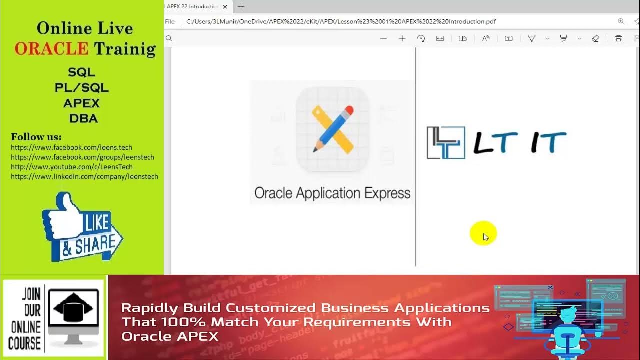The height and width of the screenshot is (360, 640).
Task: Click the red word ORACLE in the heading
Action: coord(51,48)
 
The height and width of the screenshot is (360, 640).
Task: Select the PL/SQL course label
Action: coord(81,88)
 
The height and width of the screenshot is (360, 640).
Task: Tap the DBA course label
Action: coord(83,119)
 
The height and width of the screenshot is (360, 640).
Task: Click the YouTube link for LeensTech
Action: coord(72,167)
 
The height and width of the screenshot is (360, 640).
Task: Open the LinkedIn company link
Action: coord(84,176)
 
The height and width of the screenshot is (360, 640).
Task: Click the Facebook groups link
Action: coord(82,157)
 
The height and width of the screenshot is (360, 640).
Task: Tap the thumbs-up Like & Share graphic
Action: coord(82,228)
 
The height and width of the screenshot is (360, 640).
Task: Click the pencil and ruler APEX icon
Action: coord(332,129)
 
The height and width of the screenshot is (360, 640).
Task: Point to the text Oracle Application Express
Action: coord(332,193)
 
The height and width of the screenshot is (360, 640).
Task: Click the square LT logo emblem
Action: coord(446,143)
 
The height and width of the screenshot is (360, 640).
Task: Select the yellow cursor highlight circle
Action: coord(483,234)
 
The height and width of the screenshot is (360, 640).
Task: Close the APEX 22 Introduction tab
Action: coord(225,7)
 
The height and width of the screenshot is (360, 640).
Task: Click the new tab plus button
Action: coord(241,7)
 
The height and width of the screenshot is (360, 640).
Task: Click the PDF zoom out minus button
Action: coord(383,38)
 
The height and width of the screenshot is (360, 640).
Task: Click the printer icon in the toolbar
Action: coord(618,38)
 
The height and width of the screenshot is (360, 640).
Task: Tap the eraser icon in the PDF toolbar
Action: coord(595,38)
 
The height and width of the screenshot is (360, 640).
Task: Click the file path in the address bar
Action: coord(340,21)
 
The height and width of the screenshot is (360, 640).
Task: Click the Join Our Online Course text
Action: coord(24,318)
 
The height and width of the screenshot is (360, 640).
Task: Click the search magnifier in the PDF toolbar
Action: coord(169,38)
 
